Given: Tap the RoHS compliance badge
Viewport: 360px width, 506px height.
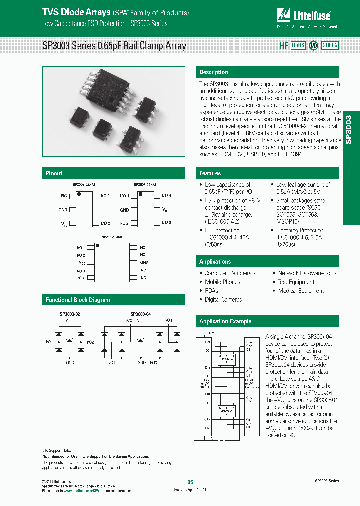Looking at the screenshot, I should tap(298, 45).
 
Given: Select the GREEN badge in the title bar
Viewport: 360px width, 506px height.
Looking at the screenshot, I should tap(330, 45).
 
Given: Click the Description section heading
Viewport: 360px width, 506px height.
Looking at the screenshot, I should tap(213, 72).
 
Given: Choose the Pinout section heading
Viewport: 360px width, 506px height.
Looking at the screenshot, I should tap(54, 173).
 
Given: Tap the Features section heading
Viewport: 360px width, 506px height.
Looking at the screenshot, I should tap(210, 173).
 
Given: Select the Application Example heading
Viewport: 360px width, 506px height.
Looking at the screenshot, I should tap(225, 321).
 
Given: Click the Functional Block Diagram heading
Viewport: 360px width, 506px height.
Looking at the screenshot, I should tap(78, 300).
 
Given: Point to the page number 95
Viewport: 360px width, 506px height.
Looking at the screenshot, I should tap(190, 482).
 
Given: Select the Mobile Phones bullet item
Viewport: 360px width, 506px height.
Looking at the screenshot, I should tap(222, 282).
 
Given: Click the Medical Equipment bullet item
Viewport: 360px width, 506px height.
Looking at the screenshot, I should tap(301, 291).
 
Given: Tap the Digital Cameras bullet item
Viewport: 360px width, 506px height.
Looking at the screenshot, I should tap(223, 300).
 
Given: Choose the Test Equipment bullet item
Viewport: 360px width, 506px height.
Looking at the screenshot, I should tap(296, 282).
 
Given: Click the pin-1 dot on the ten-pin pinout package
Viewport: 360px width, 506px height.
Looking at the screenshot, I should tap(97, 246).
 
